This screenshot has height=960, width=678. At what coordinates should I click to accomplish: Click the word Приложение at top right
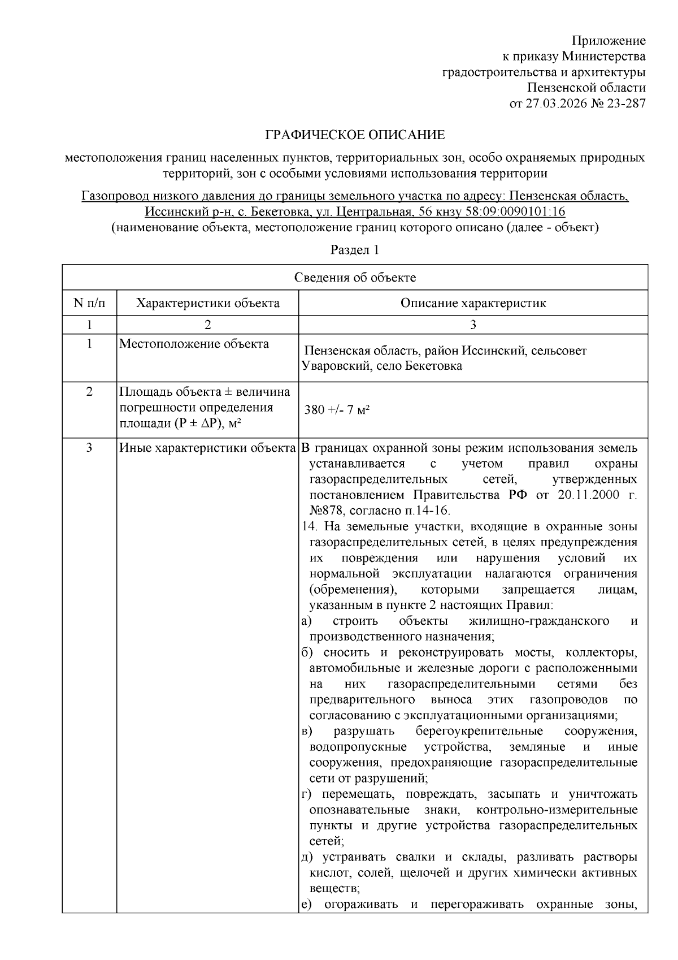pyautogui.click(x=609, y=41)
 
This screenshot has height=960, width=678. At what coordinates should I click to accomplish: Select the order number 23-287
pyautogui.click(x=625, y=103)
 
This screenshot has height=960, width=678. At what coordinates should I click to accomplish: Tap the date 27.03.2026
pyautogui.click(x=555, y=103)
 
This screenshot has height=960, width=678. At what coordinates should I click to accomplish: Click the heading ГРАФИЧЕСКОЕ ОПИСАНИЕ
pyautogui.click(x=355, y=135)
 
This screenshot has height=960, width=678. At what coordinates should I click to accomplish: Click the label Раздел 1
pyautogui.click(x=354, y=250)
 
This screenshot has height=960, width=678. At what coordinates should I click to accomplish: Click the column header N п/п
pyautogui.click(x=89, y=303)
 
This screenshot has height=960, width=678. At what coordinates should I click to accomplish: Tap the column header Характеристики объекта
pyautogui.click(x=207, y=303)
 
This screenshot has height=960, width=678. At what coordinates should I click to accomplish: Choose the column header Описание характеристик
pyautogui.click(x=473, y=303)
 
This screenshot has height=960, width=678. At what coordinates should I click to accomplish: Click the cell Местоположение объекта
pyautogui.click(x=194, y=344)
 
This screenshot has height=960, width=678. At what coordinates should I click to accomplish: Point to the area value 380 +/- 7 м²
pyautogui.click(x=337, y=410)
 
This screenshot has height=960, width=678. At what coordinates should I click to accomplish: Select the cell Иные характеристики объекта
pyautogui.click(x=207, y=448)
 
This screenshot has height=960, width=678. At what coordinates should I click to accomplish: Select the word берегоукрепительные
pyautogui.click(x=479, y=732)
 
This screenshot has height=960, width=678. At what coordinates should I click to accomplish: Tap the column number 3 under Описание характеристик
pyautogui.click(x=473, y=325)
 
